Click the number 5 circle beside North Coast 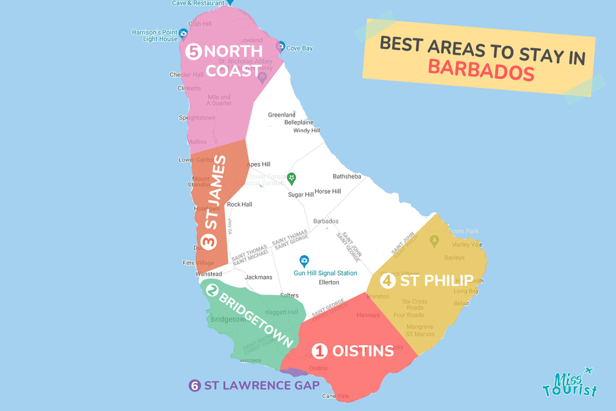tap(193, 51)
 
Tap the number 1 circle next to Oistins tap(320, 351)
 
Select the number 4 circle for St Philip tap(387, 281)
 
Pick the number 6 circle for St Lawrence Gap tap(195, 386)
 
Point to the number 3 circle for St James tap(209, 241)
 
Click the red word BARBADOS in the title tap(481, 70)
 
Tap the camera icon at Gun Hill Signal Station tap(304, 261)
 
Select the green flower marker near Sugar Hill tap(292, 178)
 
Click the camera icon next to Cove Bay tap(280, 47)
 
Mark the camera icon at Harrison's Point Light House tap(183, 34)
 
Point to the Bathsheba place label tap(347, 177)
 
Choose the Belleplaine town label tap(299, 122)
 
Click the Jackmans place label tap(259, 277)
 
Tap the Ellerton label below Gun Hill tap(329, 282)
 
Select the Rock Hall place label tap(239, 204)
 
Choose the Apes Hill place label tap(259, 164)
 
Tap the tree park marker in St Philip tap(434, 241)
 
